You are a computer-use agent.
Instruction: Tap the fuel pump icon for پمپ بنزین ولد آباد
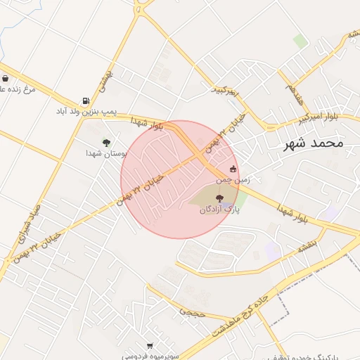[x=86, y=101]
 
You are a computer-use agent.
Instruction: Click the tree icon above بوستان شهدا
[x=106, y=143]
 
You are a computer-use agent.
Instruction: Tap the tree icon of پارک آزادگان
[x=219, y=199]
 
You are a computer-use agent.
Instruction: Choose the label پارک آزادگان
[x=219, y=210]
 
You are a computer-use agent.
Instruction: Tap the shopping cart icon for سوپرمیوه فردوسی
[x=150, y=345]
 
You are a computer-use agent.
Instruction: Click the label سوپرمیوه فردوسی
[x=150, y=356]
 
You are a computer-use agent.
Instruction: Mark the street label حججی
[x=191, y=310]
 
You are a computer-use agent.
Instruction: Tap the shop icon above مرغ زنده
[x=6, y=79]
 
